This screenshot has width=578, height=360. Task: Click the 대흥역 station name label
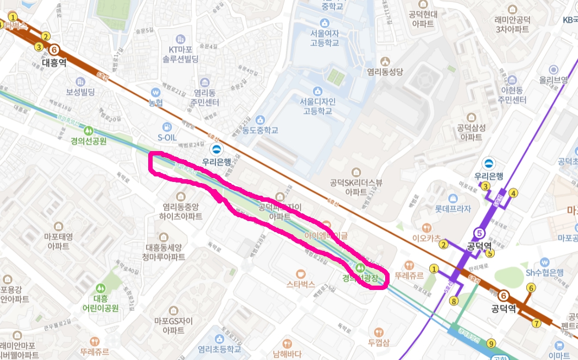54,62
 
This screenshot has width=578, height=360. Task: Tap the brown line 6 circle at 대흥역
54,50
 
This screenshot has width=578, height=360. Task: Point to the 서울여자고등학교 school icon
324,23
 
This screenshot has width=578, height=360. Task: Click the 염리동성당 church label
386,71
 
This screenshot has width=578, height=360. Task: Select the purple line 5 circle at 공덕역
479,233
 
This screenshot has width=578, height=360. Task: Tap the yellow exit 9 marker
490,343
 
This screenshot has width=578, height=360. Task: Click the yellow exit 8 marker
453,301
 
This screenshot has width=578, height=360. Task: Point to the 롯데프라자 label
453,209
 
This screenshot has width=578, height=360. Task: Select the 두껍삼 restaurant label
379,342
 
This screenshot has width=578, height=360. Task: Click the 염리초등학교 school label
219,349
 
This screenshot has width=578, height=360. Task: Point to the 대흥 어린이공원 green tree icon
100,288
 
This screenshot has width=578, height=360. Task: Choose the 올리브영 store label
553,79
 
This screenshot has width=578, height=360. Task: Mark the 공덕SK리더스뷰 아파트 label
356,187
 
